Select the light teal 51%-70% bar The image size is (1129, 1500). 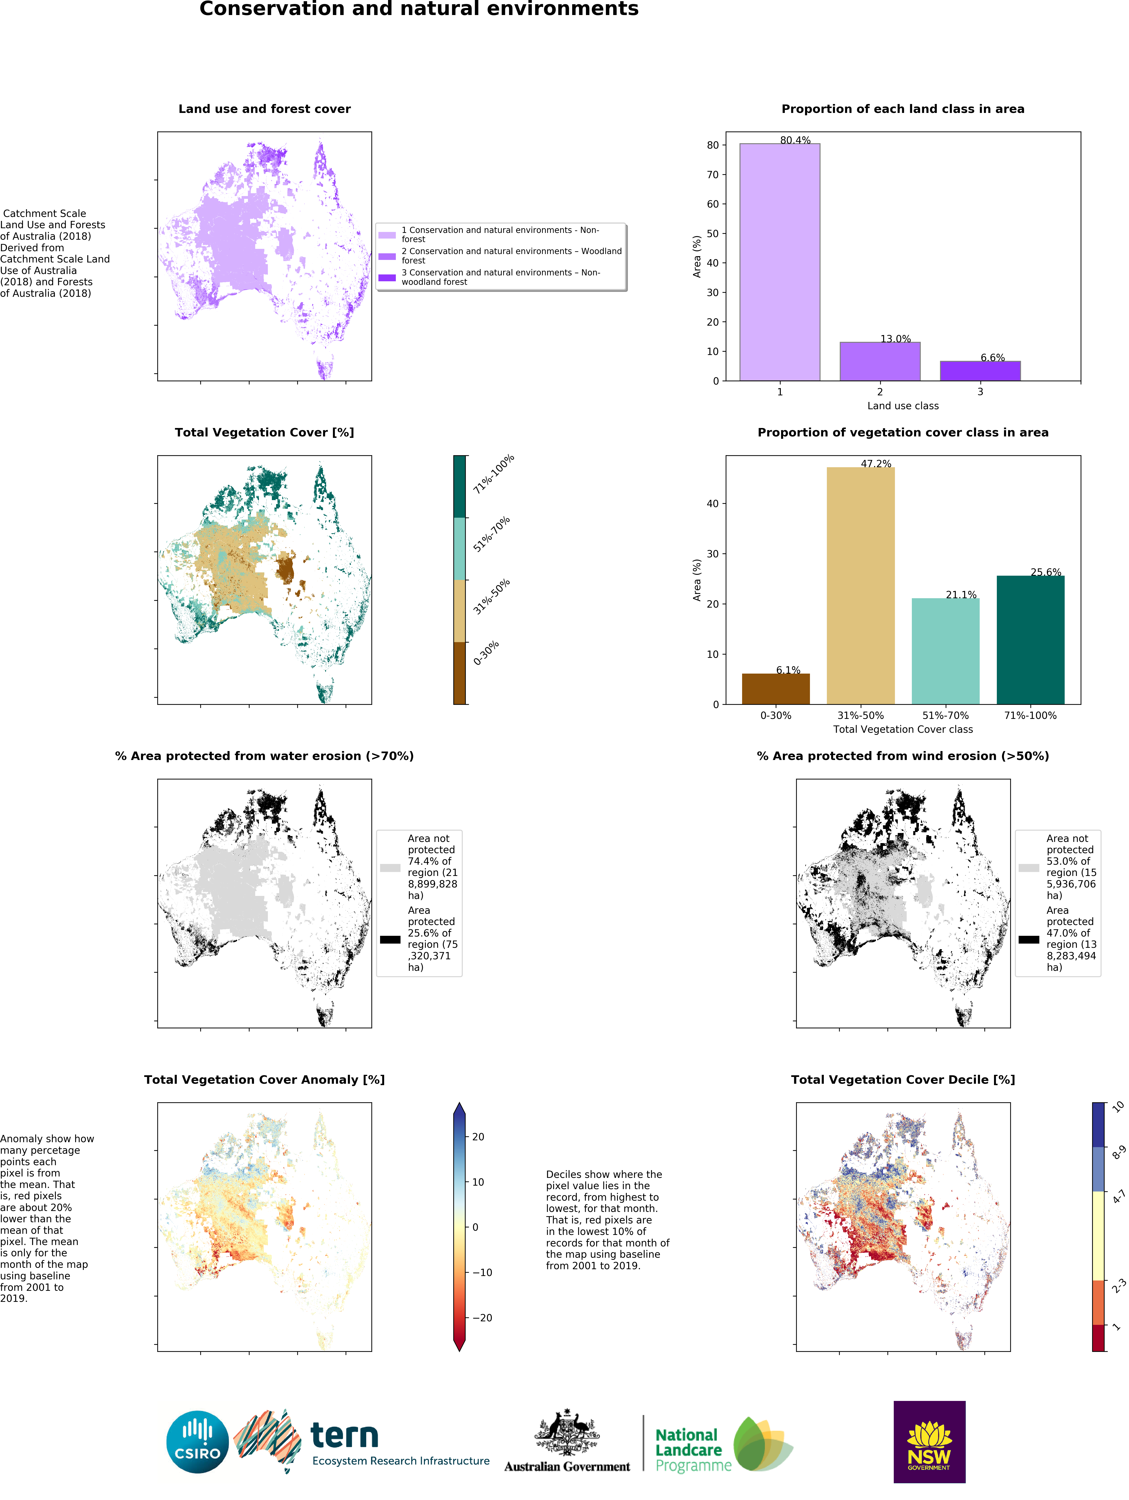click(x=945, y=651)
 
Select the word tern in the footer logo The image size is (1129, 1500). click(x=344, y=1435)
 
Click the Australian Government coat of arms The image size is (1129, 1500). click(x=567, y=1431)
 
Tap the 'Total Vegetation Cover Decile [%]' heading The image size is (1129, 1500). click(x=902, y=1080)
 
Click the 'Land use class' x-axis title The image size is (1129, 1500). click(x=902, y=405)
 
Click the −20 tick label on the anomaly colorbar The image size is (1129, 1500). click(x=482, y=1318)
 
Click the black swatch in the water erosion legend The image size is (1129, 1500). click(x=390, y=939)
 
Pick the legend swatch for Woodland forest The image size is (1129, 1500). click(x=387, y=256)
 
